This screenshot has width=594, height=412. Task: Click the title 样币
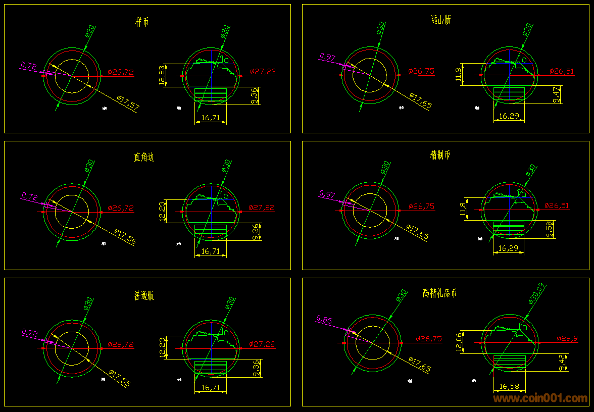coord(142,22)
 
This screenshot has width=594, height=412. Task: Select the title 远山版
coord(440,20)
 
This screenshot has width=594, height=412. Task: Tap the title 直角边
coord(144,157)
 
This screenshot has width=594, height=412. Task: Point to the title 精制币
coord(440,155)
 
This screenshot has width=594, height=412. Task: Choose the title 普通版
coord(143,295)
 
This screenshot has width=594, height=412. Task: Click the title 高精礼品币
coord(439,293)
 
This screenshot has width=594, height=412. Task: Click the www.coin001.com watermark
coord(540,398)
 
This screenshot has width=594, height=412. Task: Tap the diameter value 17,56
coord(125,237)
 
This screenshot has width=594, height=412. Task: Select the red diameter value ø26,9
coord(567,339)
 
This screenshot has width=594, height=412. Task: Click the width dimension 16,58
coord(509,387)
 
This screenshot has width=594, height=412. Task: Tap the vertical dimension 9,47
coord(557,94)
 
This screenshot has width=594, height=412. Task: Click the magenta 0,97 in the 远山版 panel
coord(327,57)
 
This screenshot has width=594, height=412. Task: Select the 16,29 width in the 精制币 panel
coord(508,248)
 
